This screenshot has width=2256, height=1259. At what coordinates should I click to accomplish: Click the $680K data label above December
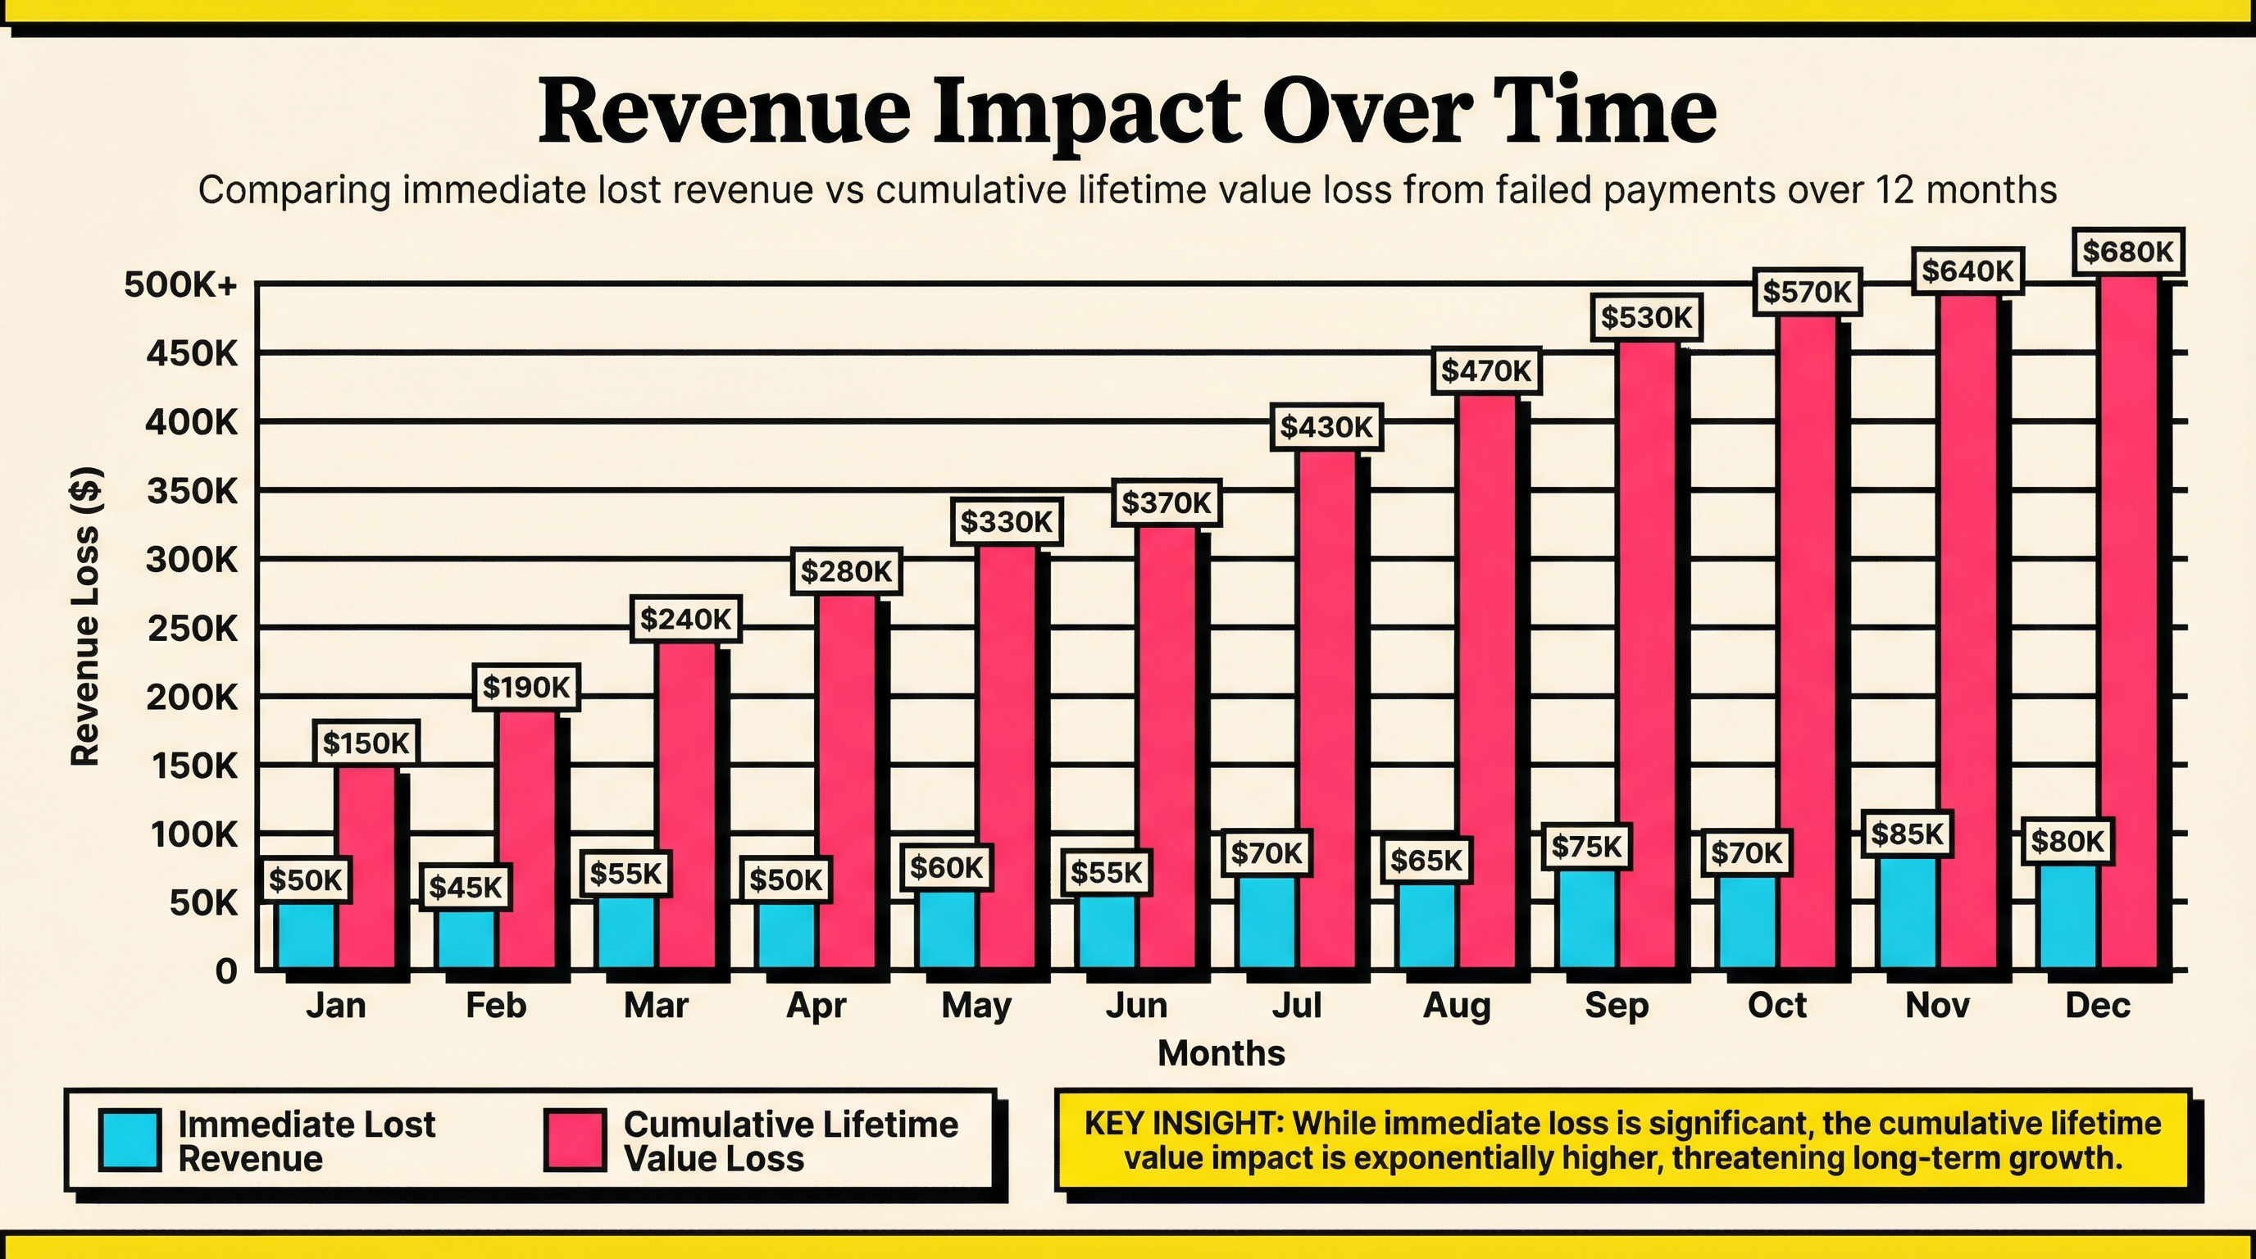[2127, 252]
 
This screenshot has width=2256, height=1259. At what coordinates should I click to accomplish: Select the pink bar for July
[1327, 709]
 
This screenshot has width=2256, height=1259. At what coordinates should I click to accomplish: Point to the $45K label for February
[465, 888]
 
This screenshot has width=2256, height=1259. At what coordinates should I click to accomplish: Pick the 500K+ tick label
[180, 284]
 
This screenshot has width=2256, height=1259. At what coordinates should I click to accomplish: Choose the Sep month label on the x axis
[1616, 1005]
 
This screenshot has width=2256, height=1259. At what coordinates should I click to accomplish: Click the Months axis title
[1221, 1053]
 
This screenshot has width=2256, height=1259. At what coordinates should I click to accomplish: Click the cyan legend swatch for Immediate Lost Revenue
[130, 1140]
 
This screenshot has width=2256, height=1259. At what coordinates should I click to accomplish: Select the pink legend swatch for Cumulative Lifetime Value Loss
[575, 1140]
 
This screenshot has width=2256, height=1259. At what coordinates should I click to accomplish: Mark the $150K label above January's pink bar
[366, 743]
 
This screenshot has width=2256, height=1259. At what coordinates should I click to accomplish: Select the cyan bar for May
[947, 929]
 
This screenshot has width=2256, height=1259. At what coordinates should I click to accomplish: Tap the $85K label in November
[1908, 834]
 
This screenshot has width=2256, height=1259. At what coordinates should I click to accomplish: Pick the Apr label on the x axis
[816, 1005]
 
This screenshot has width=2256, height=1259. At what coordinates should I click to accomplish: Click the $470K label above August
[1486, 371]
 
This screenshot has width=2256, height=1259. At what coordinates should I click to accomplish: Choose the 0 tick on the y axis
[226, 971]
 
